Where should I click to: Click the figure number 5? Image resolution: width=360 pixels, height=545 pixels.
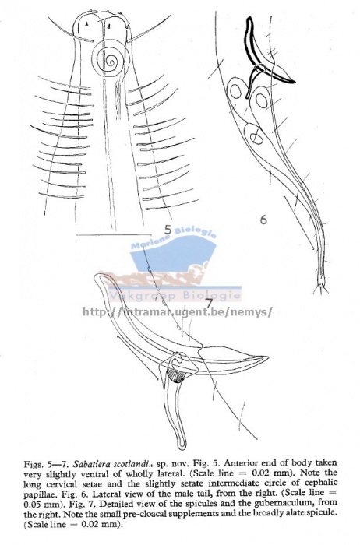pos(168,230)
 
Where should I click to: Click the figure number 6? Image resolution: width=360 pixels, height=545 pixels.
pos(263,220)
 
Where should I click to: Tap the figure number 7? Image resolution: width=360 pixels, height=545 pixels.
pos(208,303)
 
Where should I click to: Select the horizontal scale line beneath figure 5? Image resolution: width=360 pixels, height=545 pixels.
pos(114,235)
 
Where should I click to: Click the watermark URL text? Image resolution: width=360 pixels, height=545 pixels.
pos(177,311)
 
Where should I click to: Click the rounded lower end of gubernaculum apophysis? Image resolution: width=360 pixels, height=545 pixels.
pos(182,445)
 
